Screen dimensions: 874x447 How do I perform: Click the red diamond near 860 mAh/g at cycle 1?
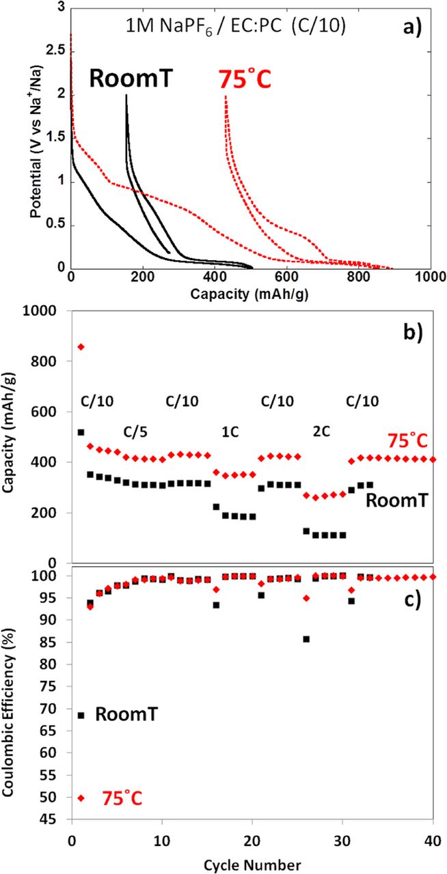[x=81, y=347]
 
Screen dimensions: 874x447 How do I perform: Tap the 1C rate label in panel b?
[x=230, y=432]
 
